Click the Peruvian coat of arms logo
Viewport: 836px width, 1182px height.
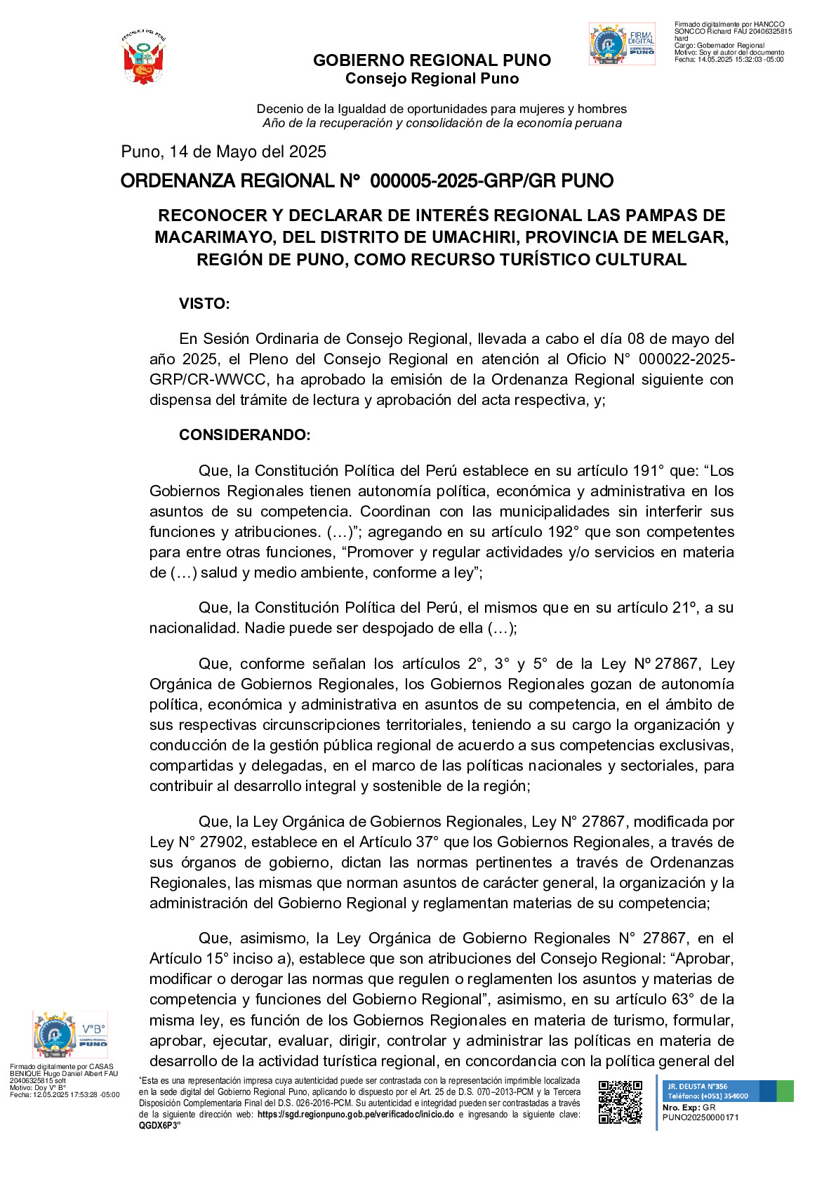(144, 58)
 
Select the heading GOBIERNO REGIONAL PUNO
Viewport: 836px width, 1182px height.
(432, 60)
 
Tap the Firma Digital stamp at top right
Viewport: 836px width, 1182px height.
(622, 44)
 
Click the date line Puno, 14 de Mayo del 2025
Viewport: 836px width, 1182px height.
(223, 152)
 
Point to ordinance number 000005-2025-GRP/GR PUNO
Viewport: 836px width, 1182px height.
(491, 181)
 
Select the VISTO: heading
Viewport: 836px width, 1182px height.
(204, 304)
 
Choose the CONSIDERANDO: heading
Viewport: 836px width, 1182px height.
(244, 435)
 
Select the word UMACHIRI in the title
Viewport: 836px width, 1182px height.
(439, 237)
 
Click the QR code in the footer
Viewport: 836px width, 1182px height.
(620, 1101)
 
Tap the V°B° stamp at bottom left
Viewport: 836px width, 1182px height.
(69, 1035)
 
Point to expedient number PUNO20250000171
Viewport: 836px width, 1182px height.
(700, 1117)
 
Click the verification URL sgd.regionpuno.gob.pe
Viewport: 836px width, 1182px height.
(355, 1115)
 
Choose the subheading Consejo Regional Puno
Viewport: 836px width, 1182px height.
(432, 79)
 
